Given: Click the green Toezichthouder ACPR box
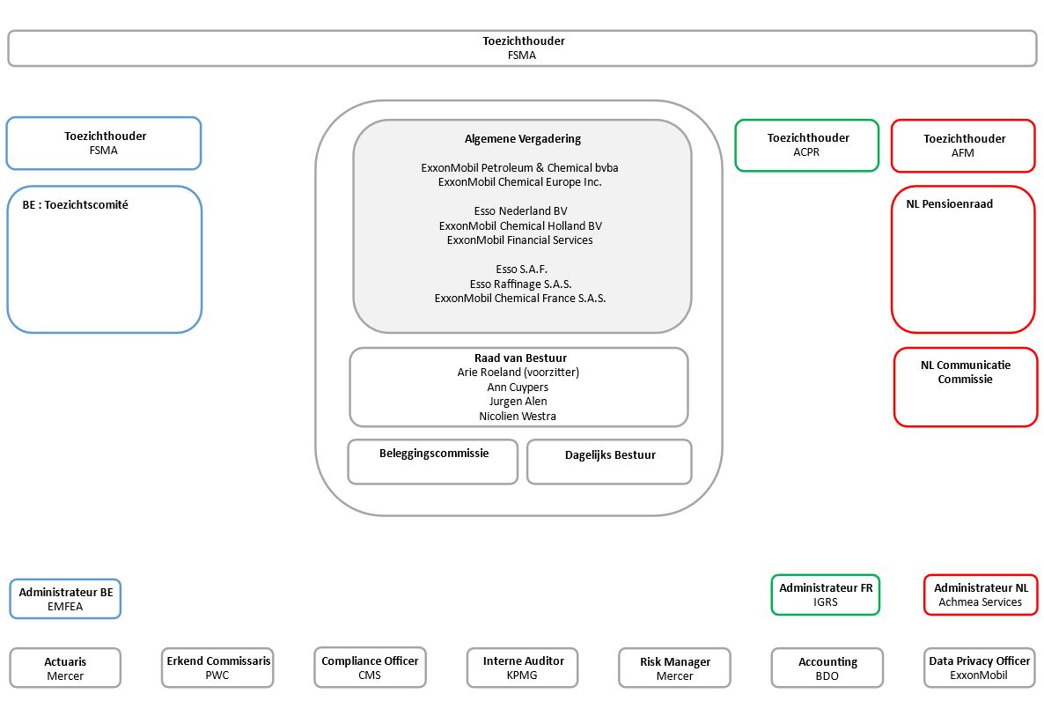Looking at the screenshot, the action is pyautogui.click(x=807, y=145).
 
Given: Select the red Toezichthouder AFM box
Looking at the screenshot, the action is pyautogui.click(x=963, y=146).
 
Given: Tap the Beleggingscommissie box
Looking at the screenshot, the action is pyautogui.click(x=433, y=461).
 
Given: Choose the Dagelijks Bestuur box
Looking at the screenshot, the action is pyautogui.click(x=609, y=461).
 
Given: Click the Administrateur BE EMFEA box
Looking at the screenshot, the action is pyautogui.click(x=65, y=599).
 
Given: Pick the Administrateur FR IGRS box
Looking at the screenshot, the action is pyautogui.click(x=826, y=594).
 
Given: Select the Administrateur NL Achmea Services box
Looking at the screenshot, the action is pyautogui.click(x=981, y=594).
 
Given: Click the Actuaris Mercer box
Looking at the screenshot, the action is pyautogui.click(x=65, y=668).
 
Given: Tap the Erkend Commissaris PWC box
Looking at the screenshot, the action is pyautogui.click(x=217, y=668).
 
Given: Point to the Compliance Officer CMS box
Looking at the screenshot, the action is pyautogui.click(x=371, y=668).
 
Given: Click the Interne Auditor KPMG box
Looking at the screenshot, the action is pyautogui.click(x=523, y=668).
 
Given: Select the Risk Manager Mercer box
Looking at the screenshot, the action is pyautogui.click(x=674, y=668).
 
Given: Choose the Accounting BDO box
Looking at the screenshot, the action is pyautogui.click(x=827, y=668).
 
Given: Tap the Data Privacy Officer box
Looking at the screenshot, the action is pyautogui.click(x=980, y=668).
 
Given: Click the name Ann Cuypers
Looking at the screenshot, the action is pyautogui.click(x=518, y=387).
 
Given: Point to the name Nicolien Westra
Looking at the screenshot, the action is pyautogui.click(x=518, y=417).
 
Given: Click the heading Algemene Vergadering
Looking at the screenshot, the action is pyautogui.click(x=523, y=138).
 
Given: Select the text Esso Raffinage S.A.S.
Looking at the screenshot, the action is pyautogui.click(x=520, y=284).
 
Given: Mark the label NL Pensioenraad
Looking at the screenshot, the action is pyautogui.click(x=950, y=203).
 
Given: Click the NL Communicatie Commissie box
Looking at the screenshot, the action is pyautogui.click(x=966, y=387).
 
